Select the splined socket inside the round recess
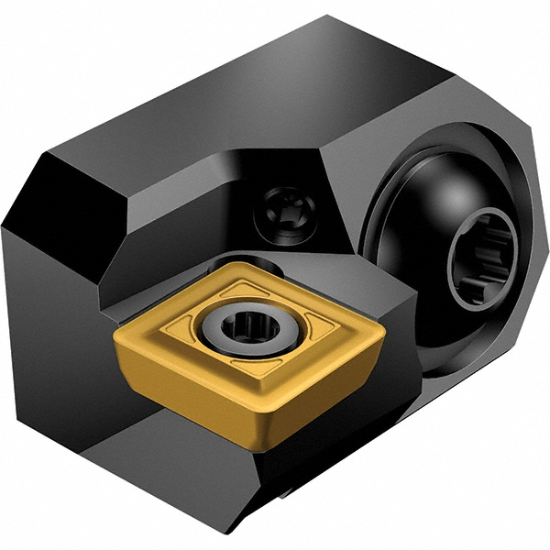[478, 267]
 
